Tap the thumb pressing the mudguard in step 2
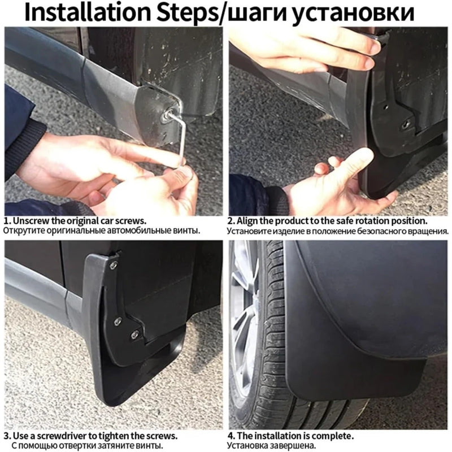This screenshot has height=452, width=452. click(x=355, y=162)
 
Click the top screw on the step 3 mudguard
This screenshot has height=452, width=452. click(x=114, y=264)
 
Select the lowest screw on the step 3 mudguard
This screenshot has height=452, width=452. click(x=134, y=334)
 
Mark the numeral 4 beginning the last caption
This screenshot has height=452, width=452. click(x=231, y=436)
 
